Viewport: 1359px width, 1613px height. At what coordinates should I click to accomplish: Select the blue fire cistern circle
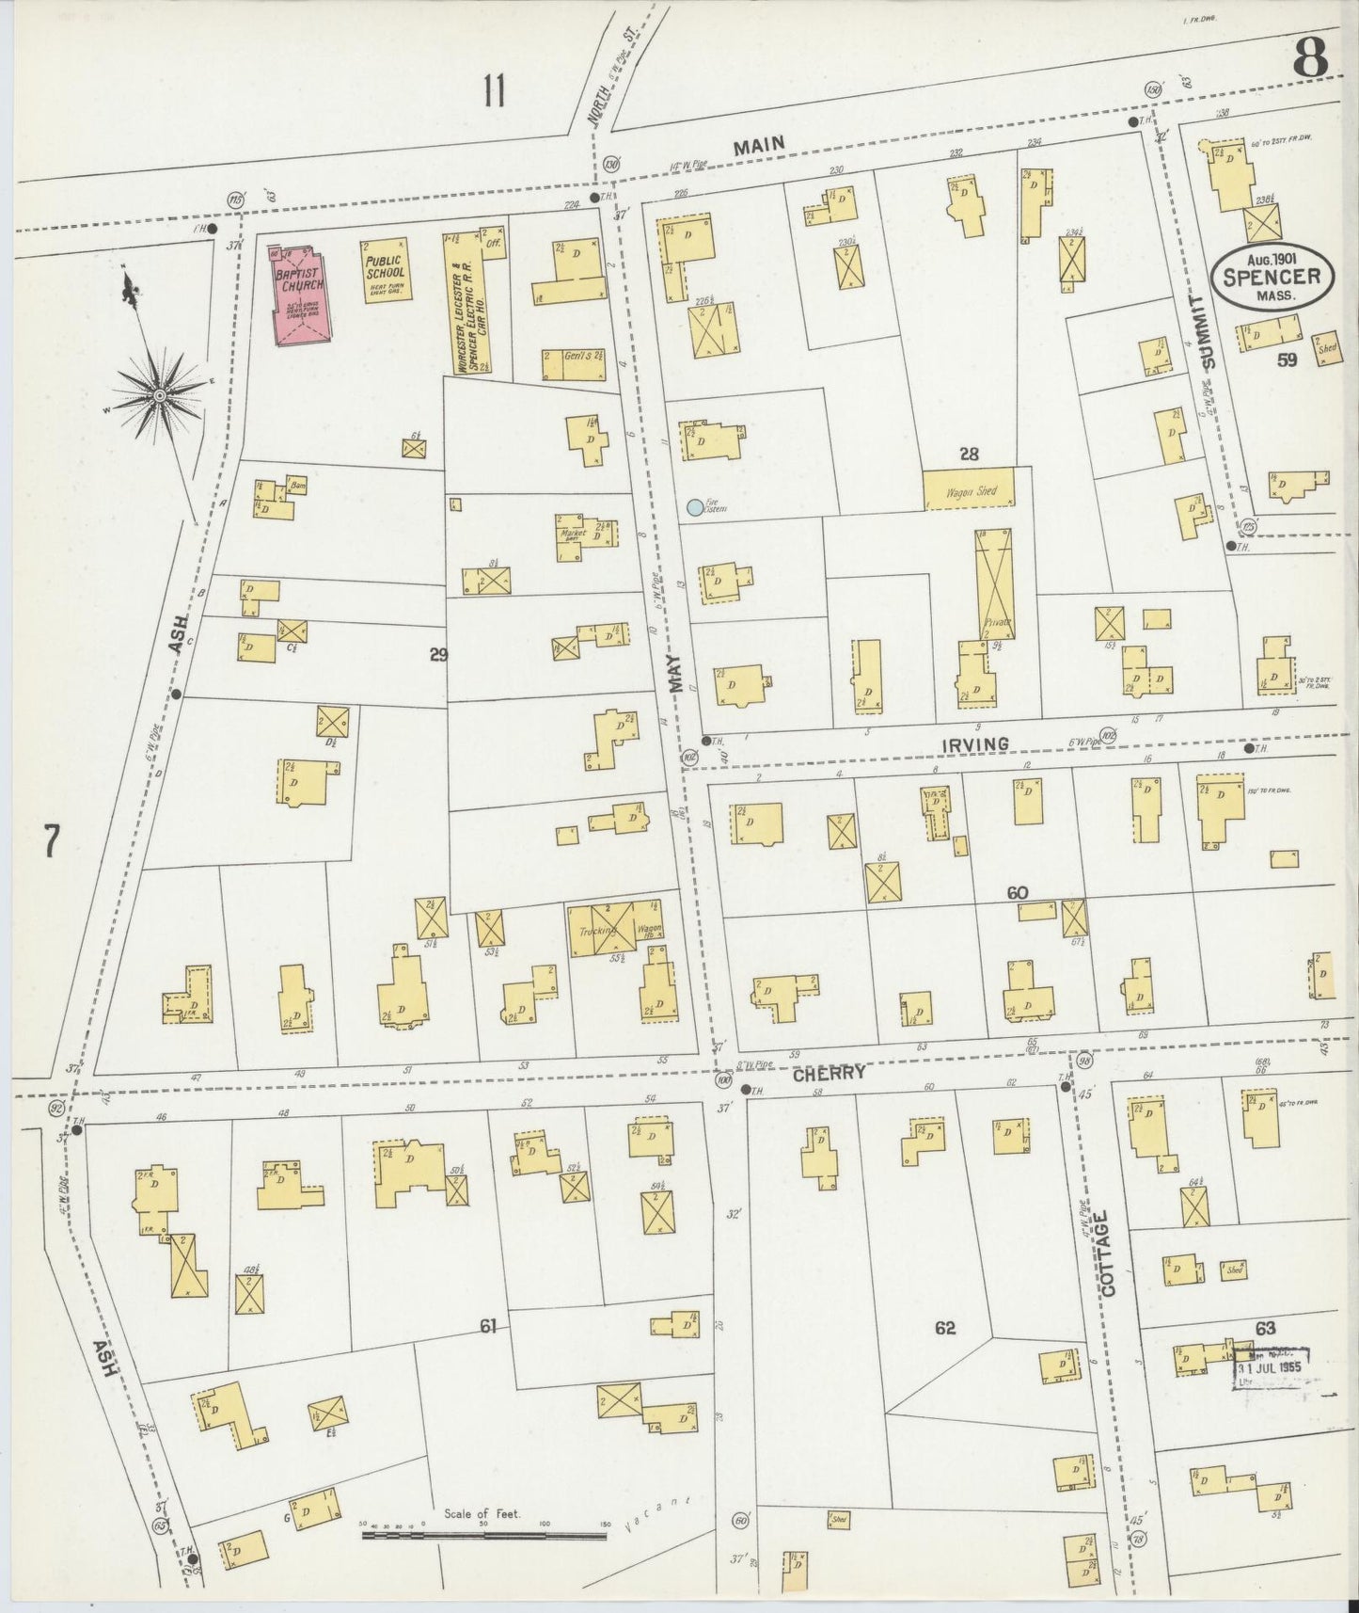695,508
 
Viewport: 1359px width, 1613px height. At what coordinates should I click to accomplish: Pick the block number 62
945,1328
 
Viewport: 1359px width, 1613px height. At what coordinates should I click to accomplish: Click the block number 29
438,655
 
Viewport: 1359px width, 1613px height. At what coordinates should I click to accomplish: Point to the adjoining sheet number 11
495,92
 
